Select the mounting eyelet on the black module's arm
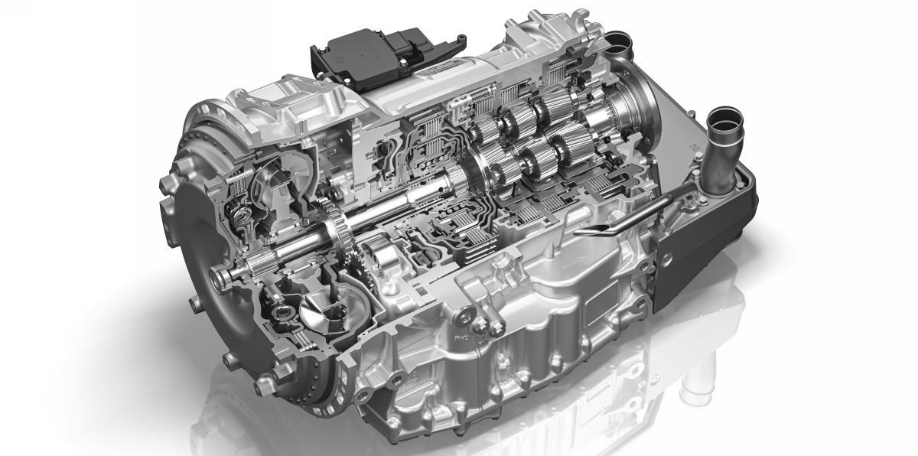[x=462, y=40]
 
